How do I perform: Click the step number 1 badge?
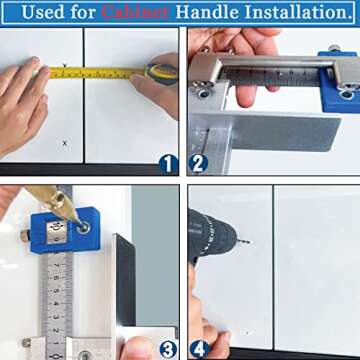click(x=168, y=164)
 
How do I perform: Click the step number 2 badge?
click(x=196, y=164)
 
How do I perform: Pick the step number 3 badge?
click(x=168, y=348)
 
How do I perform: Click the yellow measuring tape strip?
click(x=100, y=73)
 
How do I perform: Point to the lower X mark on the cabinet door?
click(x=65, y=143)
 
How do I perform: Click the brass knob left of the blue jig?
click(x=25, y=236)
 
